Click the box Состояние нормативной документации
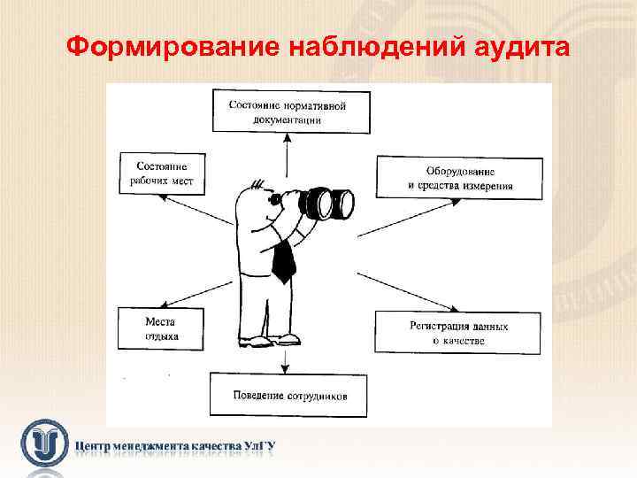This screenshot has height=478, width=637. [287, 112]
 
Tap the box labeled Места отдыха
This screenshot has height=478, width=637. [161, 328]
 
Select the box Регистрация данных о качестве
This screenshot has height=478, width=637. [458, 333]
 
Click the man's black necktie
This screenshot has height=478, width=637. [283, 258]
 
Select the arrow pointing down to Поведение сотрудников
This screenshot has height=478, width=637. [286, 358]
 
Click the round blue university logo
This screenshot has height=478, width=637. [45, 442]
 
